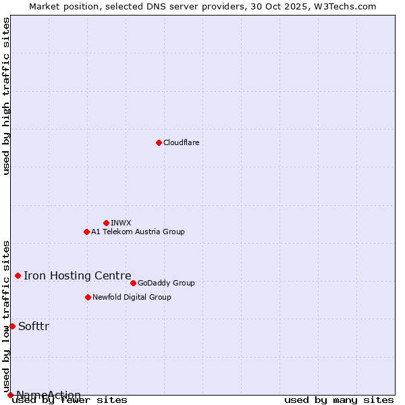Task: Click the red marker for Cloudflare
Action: coord(159,142)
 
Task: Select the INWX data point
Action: coord(106,223)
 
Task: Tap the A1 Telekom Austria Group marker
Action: coord(86,232)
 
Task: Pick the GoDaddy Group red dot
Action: coord(133,283)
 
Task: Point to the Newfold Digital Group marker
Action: coord(88,297)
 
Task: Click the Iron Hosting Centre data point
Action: coord(18,275)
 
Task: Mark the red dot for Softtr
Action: coord(12,326)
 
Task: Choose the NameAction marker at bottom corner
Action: coord(10,395)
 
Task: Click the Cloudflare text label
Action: coord(181,142)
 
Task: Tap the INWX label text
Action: coord(121,223)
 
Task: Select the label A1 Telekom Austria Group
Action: coord(138,232)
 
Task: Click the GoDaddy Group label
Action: coord(166,283)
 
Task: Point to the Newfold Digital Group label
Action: coord(132,297)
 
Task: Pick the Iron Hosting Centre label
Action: coord(77,275)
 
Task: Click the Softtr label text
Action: coord(34,326)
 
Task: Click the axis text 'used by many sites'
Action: coord(339,400)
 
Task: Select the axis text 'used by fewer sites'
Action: coord(70,400)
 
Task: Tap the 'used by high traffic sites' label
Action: coord(6,96)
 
